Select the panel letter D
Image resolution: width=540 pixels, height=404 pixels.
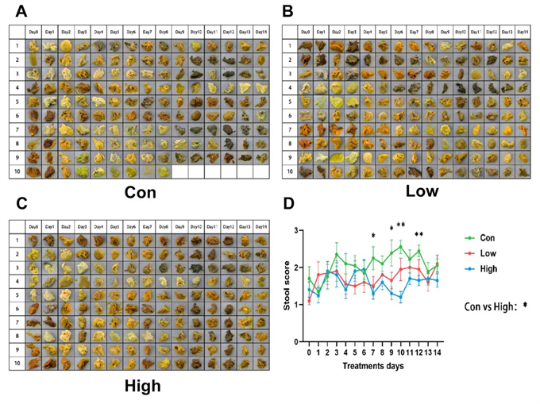289,210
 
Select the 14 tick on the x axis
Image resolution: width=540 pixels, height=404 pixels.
438,351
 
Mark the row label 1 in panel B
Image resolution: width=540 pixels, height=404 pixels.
291,45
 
